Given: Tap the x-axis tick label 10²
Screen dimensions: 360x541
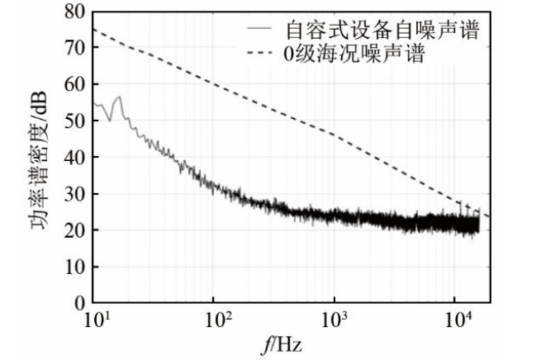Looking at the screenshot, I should point(215,320).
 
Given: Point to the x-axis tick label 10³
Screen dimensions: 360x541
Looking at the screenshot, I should point(335,320).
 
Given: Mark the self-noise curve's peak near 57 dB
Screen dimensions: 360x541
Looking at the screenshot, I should point(119,97).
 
